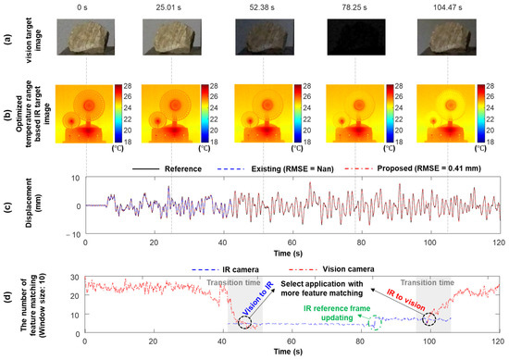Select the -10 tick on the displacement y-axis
coord(73,237)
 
